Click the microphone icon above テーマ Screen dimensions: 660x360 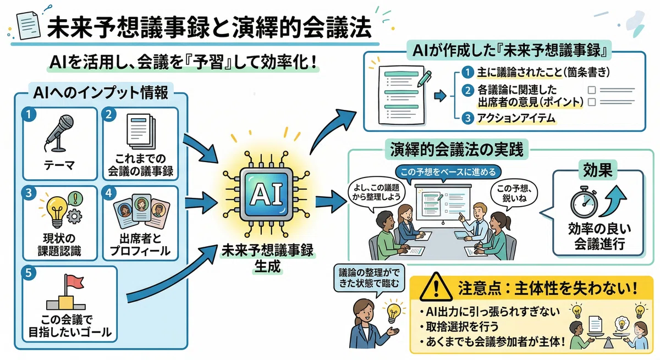coord(59,133)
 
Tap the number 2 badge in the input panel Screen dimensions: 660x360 coord(109,114)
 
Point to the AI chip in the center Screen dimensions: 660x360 coord(267,194)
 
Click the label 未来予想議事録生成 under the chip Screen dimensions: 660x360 coord(267,258)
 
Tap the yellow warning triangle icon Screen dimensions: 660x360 coord(436,287)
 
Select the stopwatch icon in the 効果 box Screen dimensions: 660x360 coord(584,202)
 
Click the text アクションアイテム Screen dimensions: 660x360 coord(516,118)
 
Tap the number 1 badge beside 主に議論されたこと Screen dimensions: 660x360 coord(468,72)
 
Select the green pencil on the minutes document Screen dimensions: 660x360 coord(425,78)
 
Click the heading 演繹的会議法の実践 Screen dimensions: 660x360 coord(457,150)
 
